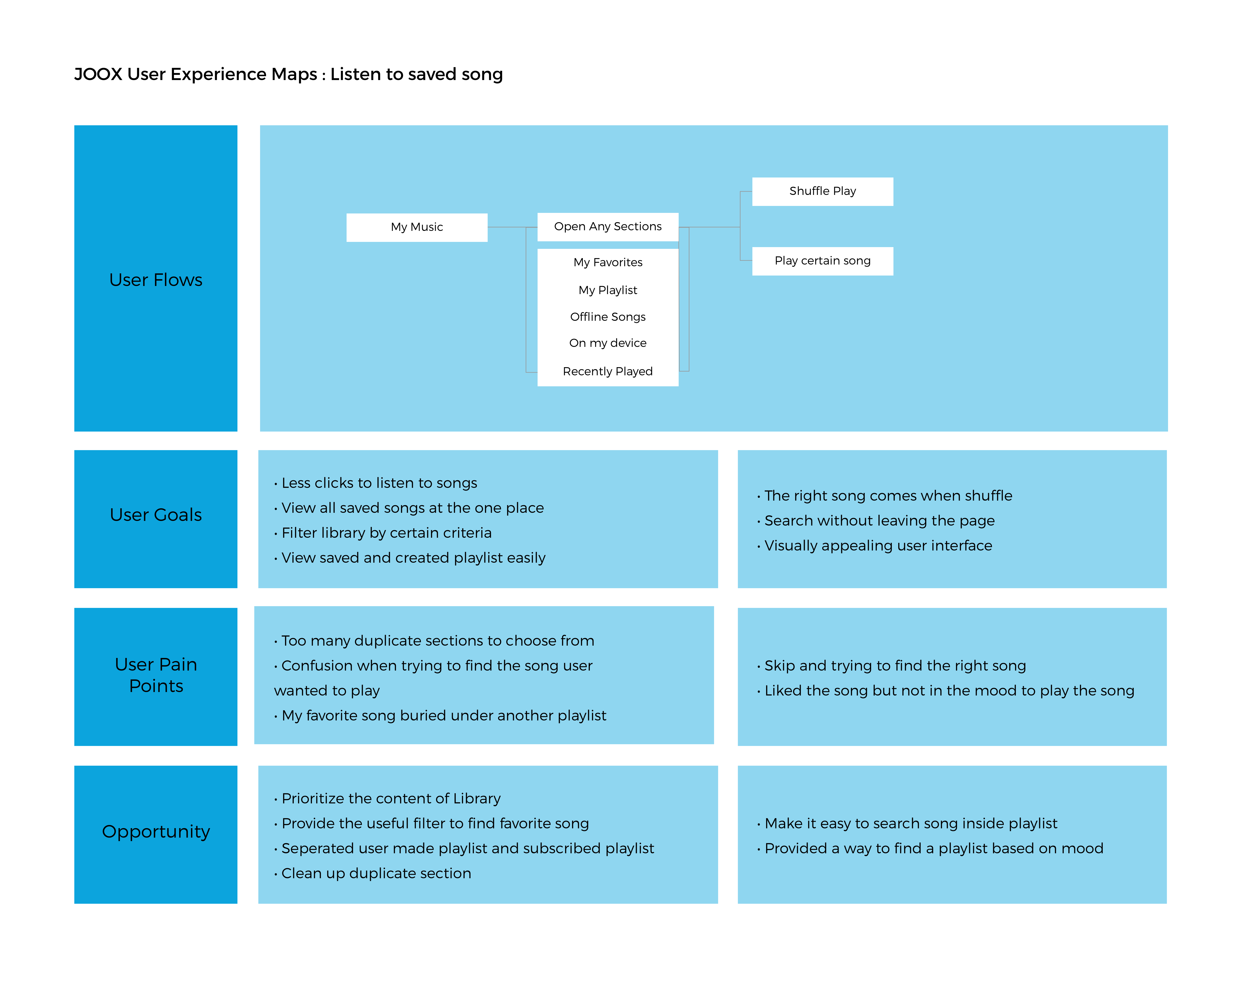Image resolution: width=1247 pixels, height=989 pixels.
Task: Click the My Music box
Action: [416, 227]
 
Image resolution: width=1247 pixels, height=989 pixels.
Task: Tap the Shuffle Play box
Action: [822, 191]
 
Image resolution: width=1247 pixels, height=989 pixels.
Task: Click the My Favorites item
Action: [608, 262]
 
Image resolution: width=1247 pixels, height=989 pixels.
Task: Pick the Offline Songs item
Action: [608, 317]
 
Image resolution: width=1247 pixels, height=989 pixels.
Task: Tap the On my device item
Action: [608, 343]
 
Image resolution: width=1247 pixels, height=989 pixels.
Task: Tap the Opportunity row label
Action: [156, 832]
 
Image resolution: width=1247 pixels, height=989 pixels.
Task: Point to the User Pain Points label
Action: [156, 675]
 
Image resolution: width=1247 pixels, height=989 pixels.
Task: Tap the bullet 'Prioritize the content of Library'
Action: [387, 799]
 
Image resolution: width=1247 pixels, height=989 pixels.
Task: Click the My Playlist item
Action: [608, 290]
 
